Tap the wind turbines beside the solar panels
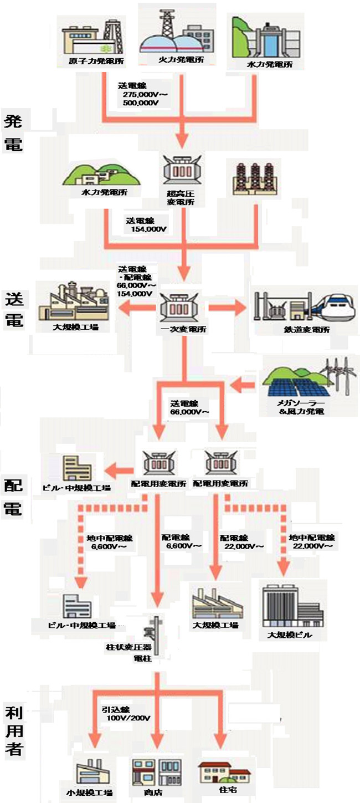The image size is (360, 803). point(338,377)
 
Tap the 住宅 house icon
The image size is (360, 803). point(224,769)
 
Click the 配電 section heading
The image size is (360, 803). point(13,498)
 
